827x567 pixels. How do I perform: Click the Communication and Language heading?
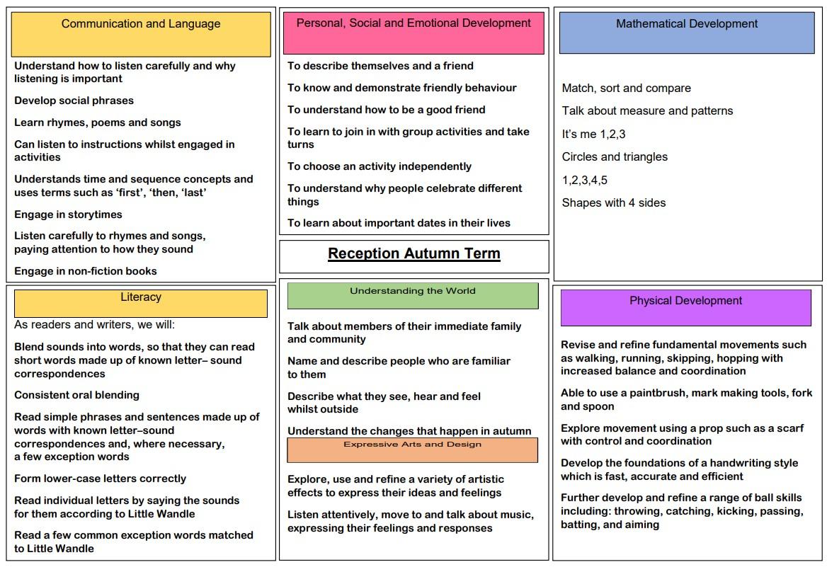coord(141,24)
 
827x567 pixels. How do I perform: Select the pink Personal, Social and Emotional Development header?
coord(413,23)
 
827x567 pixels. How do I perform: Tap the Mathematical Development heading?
coord(687,24)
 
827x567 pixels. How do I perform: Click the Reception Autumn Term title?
coord(414,254)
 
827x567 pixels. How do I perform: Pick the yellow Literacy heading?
coord(141,297)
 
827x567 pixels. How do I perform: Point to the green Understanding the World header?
coord(413,291)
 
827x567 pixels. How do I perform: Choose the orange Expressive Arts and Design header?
coord(412,445)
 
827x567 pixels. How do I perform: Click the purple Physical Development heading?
coord(685,301)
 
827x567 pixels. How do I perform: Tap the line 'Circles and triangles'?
coord(615,157)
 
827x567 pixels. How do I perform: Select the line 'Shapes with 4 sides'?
coord(614,203)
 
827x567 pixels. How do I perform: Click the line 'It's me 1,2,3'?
coord(593,134)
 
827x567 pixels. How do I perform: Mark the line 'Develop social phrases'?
coord(74,101)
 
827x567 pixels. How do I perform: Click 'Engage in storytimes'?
coord(69,214)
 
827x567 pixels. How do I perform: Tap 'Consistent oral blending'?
coord(77,395)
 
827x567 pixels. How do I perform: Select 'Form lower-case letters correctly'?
coord(101,479)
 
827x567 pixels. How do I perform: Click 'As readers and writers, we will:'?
coord(94,325)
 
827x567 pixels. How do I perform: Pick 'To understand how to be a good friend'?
coord(387,110)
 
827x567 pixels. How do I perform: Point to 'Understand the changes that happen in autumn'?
coord(409,431)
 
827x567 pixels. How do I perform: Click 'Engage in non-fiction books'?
coord(86,271)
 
